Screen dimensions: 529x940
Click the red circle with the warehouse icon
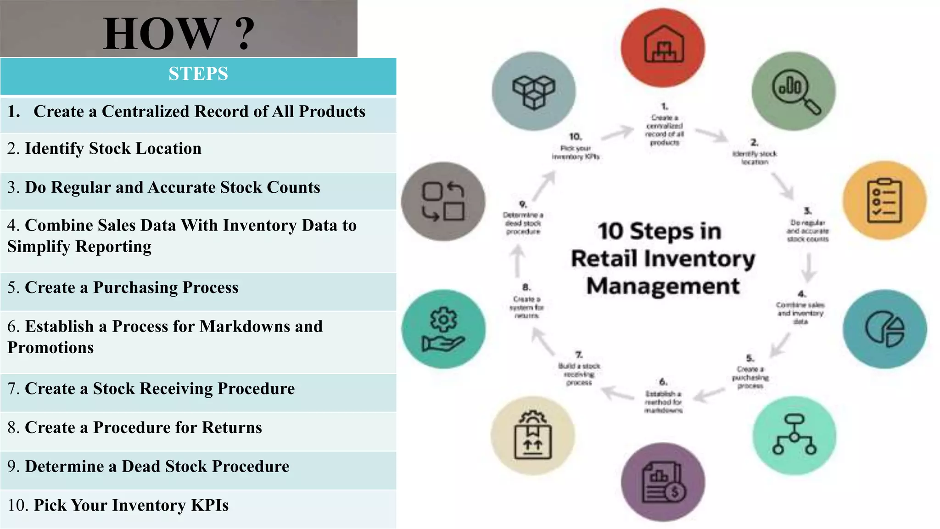663,48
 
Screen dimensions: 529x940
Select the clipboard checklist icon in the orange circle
884,201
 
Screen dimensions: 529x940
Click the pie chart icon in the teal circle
884,329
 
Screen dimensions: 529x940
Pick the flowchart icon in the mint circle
795,435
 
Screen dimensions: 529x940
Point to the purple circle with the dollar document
663,482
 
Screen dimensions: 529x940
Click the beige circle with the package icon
532,435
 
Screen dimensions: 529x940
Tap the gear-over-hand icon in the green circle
443,329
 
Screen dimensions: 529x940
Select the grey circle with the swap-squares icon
443,201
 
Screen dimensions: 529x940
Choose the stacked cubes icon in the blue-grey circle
533,91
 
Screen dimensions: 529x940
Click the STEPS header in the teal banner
198,74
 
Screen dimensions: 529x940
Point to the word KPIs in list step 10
210,506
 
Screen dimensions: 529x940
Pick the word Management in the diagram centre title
663,286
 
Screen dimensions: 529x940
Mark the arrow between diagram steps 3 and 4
808,267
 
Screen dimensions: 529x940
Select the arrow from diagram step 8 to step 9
518,260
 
